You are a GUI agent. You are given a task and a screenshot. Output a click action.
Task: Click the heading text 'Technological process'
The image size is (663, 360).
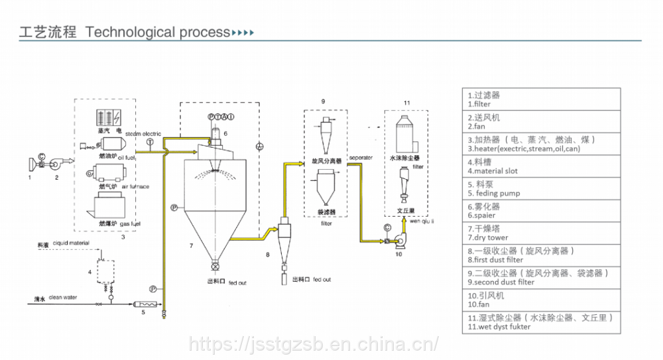[x=157, y=32]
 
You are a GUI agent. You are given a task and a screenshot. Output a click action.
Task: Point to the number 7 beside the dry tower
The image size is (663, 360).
[x=191, y=246]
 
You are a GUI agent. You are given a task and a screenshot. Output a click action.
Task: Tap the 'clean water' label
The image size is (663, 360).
[x=63, y=298]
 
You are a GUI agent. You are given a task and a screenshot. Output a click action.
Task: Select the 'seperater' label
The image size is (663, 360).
[x=361, y=158]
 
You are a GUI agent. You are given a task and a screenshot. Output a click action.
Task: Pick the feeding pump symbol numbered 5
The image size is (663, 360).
[x=147, y=304]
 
